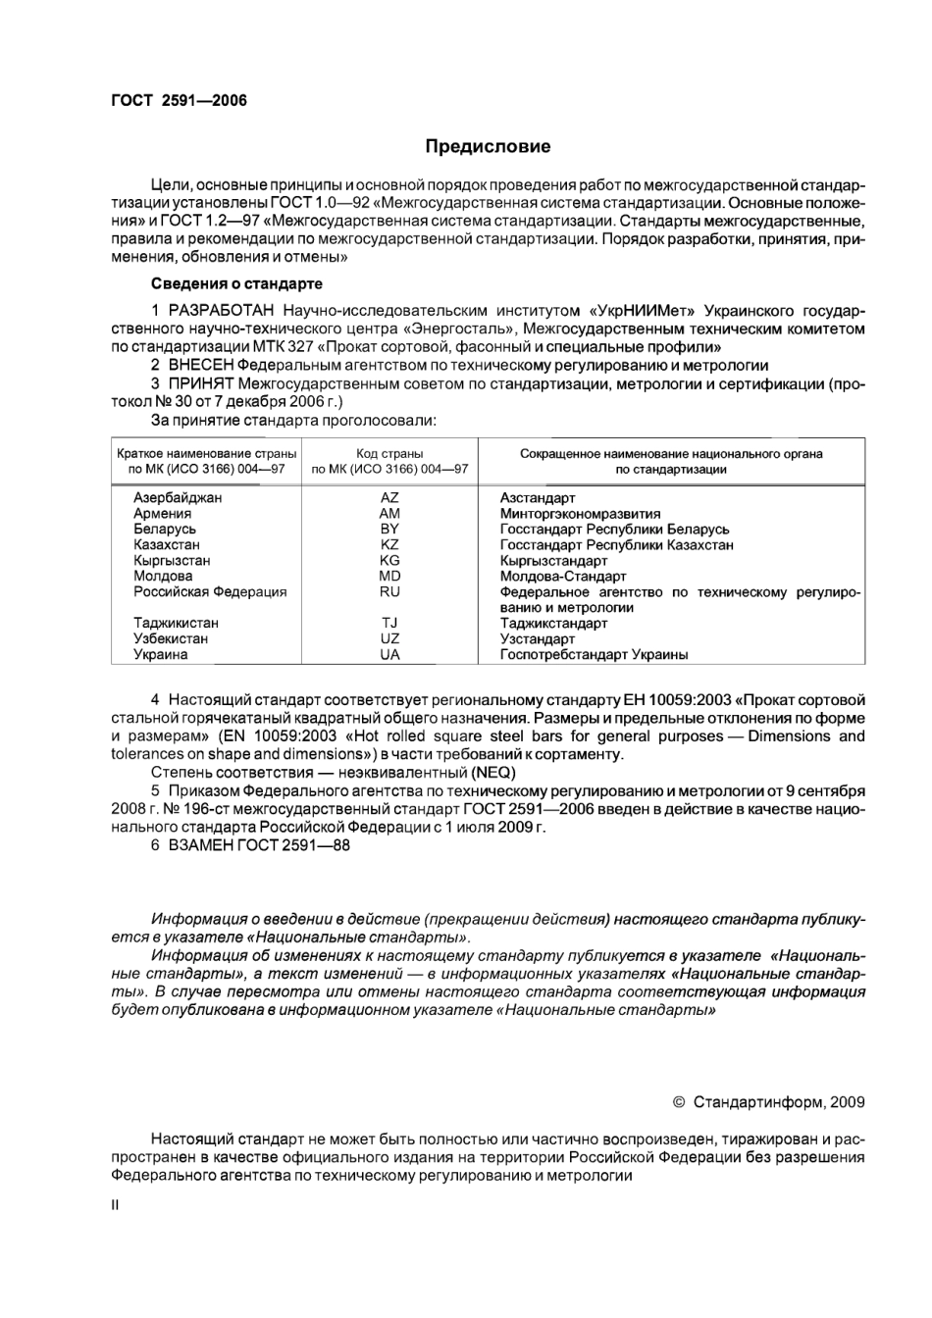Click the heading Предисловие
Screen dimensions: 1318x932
pos(488,147)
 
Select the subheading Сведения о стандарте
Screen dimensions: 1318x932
pos(236,284)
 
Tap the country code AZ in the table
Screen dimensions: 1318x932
pos(389,498)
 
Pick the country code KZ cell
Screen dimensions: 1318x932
pos(389,545)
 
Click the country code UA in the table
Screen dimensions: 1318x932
pos(389,655)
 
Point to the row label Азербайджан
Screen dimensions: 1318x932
pos(178,498)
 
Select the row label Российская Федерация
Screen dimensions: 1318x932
pos(210,592)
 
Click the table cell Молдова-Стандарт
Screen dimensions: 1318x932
pos(563,577)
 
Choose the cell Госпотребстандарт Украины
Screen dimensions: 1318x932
pos(594,655)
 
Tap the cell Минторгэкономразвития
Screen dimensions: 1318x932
pos(580,514)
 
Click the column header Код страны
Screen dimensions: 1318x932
pos(389,454)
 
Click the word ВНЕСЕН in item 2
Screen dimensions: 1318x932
pos(200,366)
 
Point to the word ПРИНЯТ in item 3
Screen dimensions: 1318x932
pos(200,383)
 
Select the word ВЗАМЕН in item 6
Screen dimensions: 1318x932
pos(200,845)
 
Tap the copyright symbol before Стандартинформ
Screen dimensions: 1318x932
pos(679,1102)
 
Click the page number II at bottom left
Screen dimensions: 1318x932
pos(115,1206)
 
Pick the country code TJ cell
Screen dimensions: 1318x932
pos(389,624)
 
